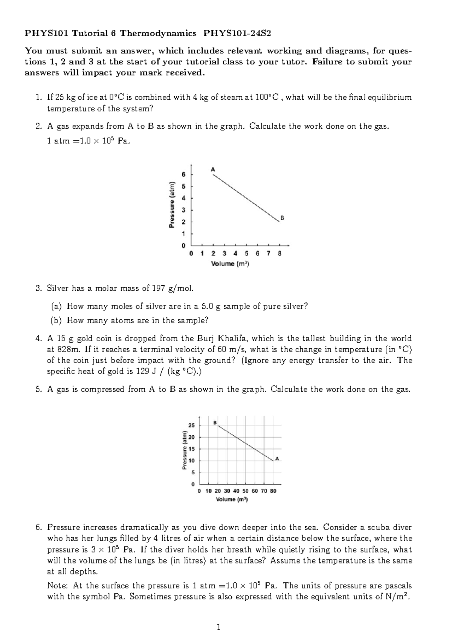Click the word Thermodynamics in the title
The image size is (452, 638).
[158, 33]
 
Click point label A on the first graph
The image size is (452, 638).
[213, 170]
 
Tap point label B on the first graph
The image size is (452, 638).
[282, 218]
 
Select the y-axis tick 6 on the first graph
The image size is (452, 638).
[183, 175]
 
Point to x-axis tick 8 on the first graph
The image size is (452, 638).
[279, 254]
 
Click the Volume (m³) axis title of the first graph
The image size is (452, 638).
[230, 264]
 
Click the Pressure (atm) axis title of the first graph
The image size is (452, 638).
[172, 205]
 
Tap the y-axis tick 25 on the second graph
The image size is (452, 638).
[192, 425]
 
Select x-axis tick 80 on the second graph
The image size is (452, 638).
[273, 491]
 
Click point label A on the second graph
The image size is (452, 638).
[277, 458]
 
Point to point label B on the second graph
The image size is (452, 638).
[215, 422]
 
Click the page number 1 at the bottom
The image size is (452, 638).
[218, 627]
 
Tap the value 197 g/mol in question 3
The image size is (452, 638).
[173, 289]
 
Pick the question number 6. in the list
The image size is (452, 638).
[38, 527]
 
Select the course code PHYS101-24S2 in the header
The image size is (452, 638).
[237, 33]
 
